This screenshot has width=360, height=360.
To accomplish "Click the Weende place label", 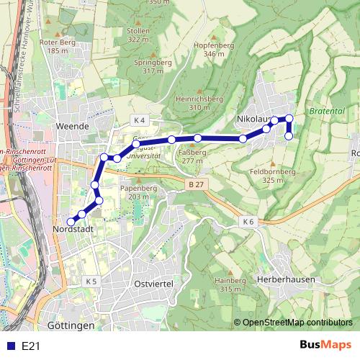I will (72, 126).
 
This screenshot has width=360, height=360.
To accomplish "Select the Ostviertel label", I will (154, 284).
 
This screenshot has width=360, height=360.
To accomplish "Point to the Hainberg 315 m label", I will (230, 284).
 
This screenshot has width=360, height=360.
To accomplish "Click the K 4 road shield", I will (139, 119).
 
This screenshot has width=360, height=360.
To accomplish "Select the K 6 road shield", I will (248, 220).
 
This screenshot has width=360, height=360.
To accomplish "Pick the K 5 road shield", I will (91, 280).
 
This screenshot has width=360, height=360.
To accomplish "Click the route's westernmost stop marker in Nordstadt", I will (71, 222).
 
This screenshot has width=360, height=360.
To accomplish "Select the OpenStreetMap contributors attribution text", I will (297, 323).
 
